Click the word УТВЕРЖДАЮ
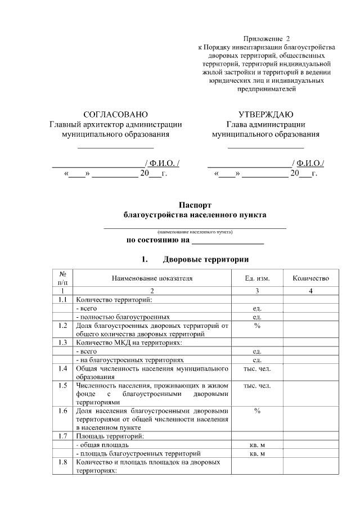(265, 114)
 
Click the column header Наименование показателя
(152, 278)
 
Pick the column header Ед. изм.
(257, 278)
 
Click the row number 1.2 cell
(63, 326)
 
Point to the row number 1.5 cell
(63, 386)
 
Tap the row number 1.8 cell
(63, 462)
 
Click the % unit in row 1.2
(257, 326)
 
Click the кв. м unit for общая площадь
(257, 444)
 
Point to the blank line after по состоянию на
(228, 242)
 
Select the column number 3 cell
(257, 291)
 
